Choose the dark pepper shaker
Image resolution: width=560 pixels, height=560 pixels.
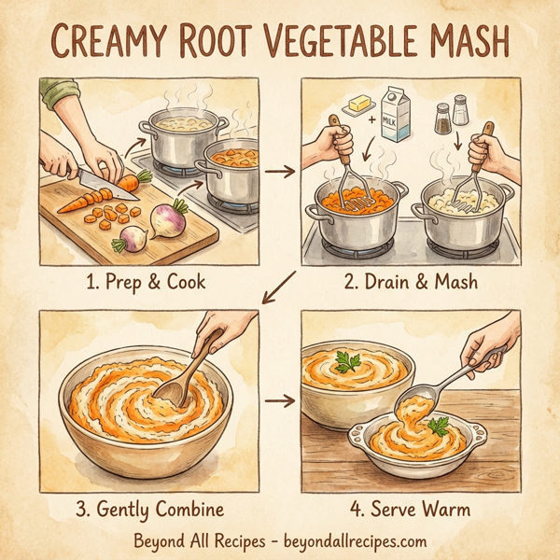[x=442, y=119]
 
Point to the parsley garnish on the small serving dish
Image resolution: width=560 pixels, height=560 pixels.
[x=438, y=426]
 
